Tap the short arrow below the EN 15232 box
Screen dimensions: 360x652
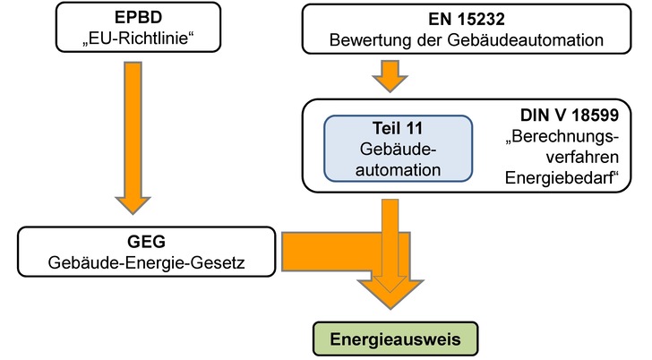[390, 75]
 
